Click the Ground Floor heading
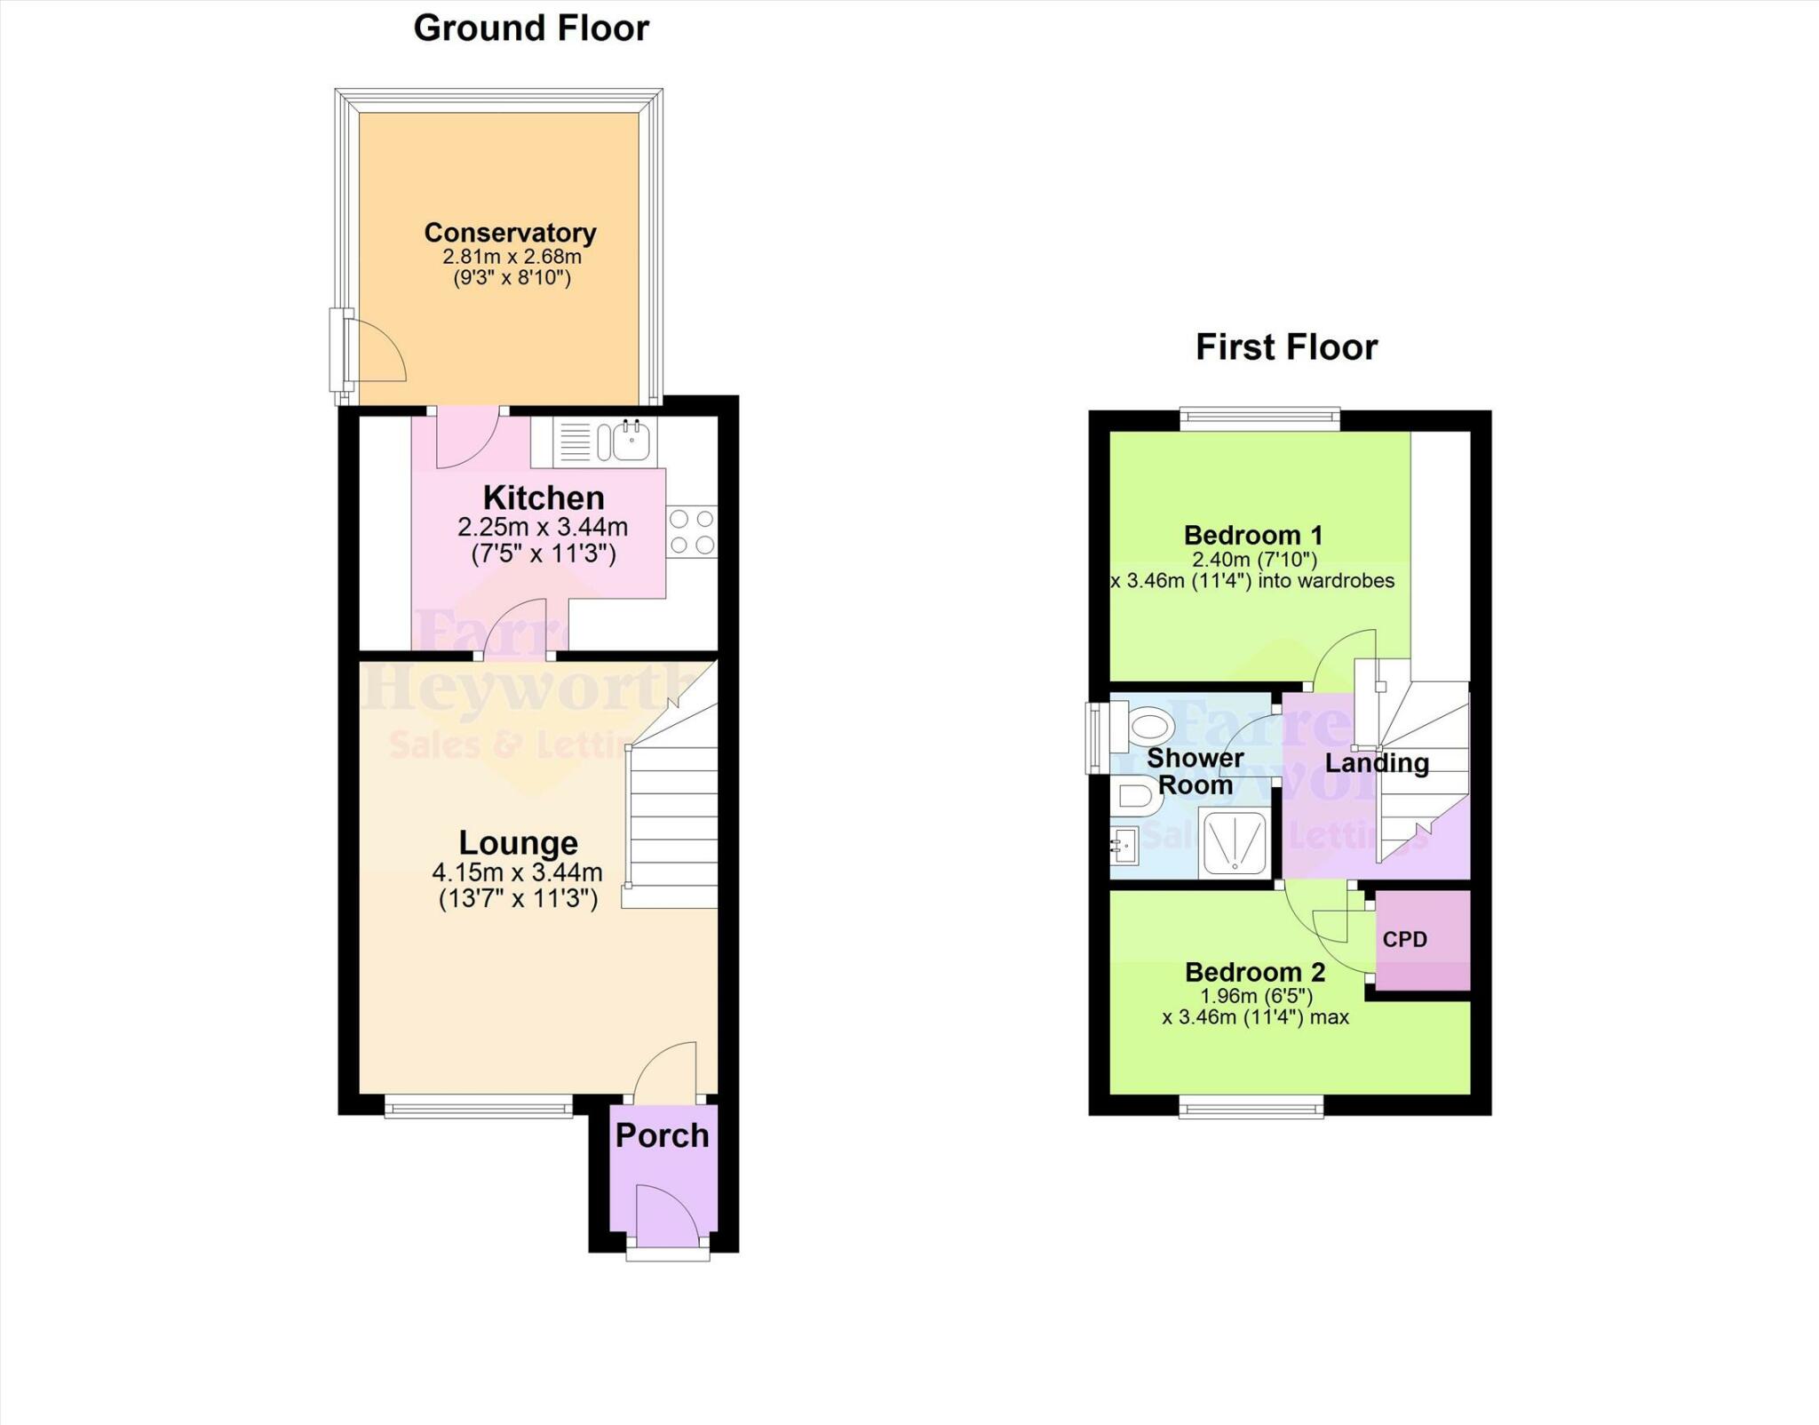point(531,28)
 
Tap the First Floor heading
point(1286,346)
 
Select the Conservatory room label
point(510,233)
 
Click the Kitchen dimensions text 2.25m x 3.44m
point(543,527)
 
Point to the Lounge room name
point(518,842)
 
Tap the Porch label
point(662,1135)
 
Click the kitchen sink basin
point(632,441)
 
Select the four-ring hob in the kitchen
point(692,531)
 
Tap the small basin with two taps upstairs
point(1124,846)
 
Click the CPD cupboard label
point(1405,940)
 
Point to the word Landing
point(1377,763)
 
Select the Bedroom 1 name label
point(1253,536)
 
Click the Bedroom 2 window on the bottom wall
point(1251,1107)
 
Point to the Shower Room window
point(1096,738)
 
